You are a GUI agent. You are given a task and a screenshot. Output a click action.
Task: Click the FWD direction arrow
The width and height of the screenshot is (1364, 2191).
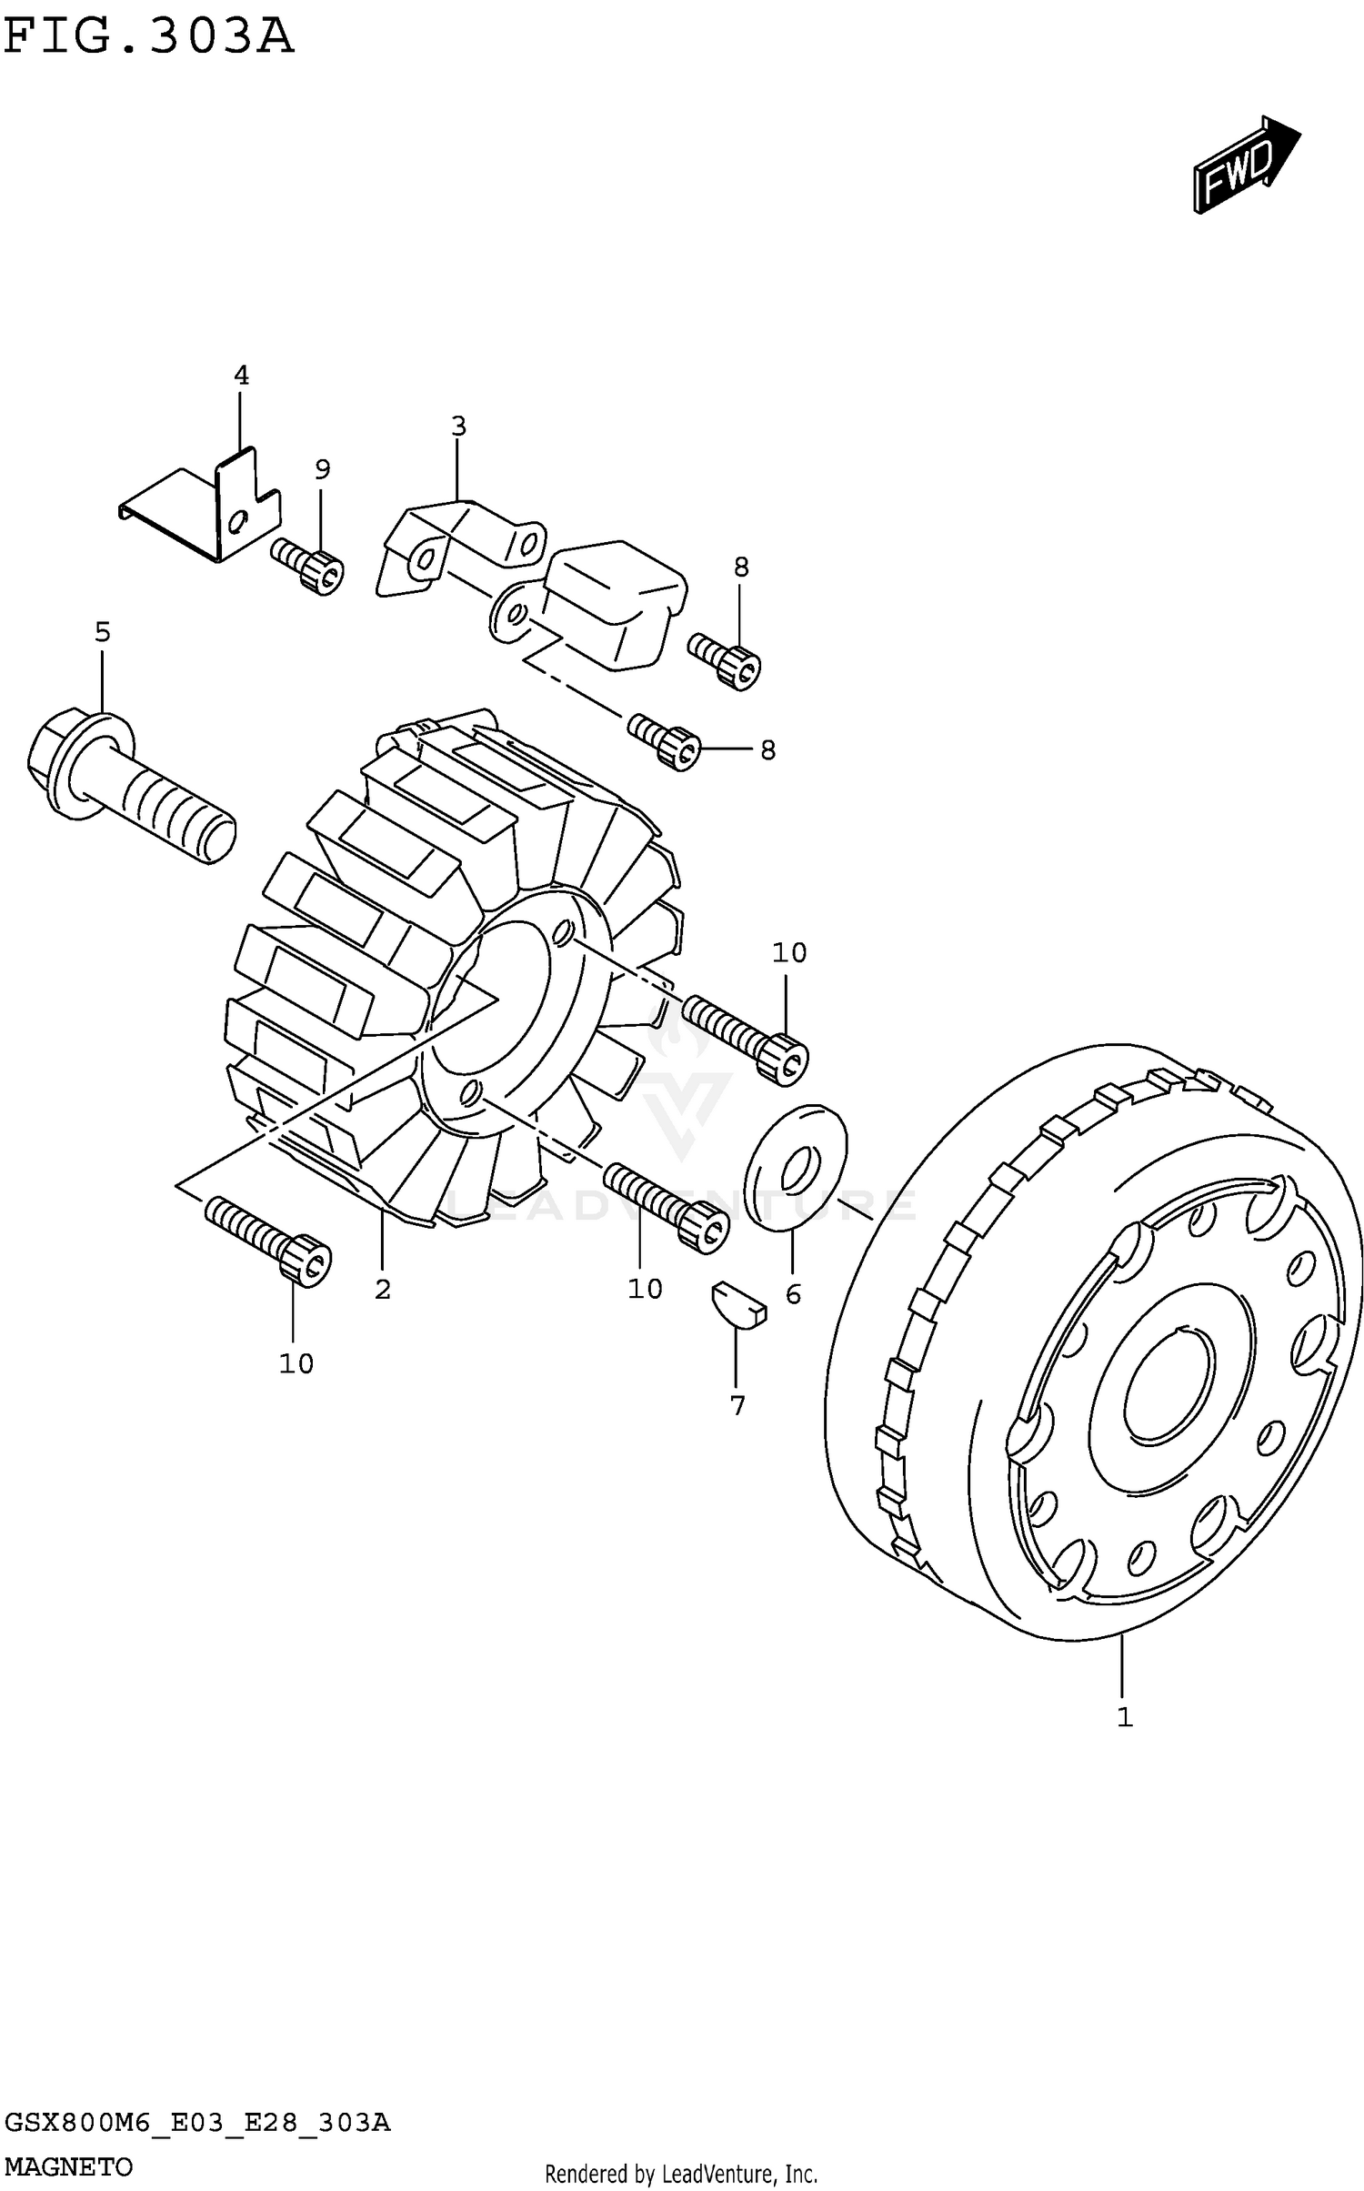tap(1247, 165)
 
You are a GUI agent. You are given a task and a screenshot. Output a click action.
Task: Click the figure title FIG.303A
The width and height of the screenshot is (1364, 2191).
tap(149, 37)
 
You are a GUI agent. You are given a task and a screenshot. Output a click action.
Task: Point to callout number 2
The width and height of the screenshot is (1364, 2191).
tap(383, 1289)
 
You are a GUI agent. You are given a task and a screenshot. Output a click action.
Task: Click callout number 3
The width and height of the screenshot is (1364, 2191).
tap(459, 426)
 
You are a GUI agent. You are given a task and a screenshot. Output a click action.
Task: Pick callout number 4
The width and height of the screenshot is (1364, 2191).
tap(241, 375)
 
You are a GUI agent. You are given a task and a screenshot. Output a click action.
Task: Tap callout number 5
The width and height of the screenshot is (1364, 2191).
tap(103, 631)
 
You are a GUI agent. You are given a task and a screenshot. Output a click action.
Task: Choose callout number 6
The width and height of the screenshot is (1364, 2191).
tap(793, 1294)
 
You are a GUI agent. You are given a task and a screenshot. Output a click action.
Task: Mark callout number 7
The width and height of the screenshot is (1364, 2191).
tap(737, 1405)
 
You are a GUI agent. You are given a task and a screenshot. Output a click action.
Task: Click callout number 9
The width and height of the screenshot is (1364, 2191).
tap(323, 469)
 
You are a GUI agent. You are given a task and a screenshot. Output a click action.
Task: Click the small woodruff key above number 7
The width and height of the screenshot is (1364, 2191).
tap(738, 1304)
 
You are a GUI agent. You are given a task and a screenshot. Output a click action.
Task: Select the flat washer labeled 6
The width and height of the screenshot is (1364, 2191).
tap(796, 1168)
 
